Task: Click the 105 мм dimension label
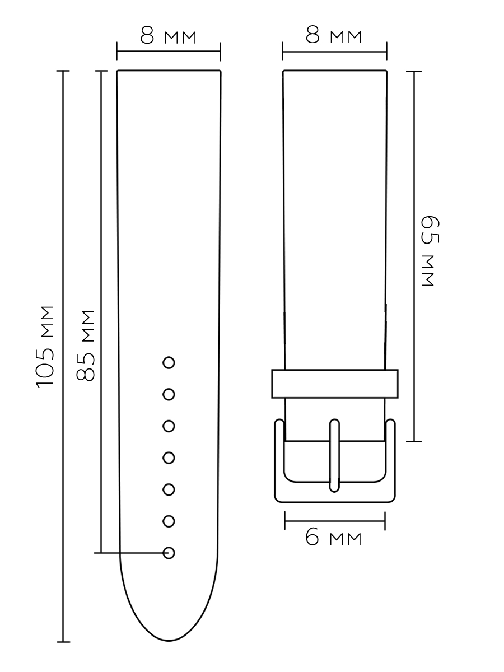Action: pos(45,347)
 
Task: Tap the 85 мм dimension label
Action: pos(85,346)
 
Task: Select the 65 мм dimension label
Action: pos(430,251)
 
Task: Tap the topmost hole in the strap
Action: pos(169,363)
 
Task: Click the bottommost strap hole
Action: pos(169,553)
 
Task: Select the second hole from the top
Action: pos(169,394)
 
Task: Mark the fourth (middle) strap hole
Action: pos(169,458)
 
